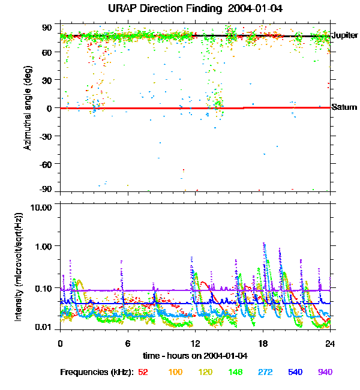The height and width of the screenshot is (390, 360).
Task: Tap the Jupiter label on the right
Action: pyautogui.click(x=344, y=36)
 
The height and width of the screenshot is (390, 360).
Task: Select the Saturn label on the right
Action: pyautogui.click(x=344, y=107)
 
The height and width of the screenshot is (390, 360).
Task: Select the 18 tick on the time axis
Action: pyautogui.click(x=262, y=344)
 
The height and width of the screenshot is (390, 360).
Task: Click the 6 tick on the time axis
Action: pyautogui.click(x=127, y=344)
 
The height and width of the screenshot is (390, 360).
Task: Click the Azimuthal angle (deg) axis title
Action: pyautogui.click(x=27, y=108)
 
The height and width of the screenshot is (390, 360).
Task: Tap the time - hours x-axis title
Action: pyautogui.click(x=194, y=356)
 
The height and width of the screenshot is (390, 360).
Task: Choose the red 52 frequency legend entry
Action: pyautogui.click(x=143, y=373)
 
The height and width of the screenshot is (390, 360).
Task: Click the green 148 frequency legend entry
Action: pyautogui.click(x=235, y=373)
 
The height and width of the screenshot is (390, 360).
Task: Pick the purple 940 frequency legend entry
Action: pyautogui.click(x=325, y=373)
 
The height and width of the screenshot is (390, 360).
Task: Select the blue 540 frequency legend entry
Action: pyautogui.click(x=295, y=373)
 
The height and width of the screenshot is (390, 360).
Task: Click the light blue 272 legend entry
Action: pyautogui.click(x=265, y=373)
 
